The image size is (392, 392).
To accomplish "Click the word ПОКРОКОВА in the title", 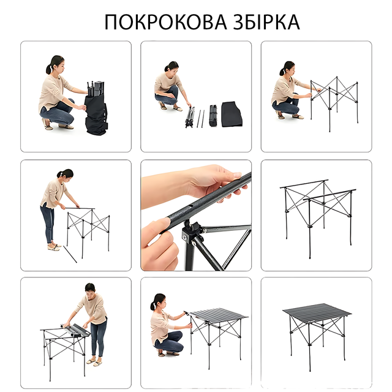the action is (165, 22).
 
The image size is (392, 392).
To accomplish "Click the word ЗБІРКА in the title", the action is (266, 22).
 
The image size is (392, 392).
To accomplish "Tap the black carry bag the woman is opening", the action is (96, 115).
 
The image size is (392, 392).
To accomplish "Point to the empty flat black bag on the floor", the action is (232, 114).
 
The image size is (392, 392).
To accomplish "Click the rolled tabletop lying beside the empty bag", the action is (213, 115).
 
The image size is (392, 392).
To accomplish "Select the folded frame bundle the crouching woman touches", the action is (190, 117).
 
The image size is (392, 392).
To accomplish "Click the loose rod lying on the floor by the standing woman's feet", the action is (70, 254).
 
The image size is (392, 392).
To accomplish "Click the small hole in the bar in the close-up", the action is (190, 206).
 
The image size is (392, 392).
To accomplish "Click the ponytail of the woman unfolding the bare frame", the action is (282, 72).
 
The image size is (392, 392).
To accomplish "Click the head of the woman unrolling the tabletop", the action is (90, 290).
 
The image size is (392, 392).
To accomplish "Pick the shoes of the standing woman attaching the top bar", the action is (54, 247).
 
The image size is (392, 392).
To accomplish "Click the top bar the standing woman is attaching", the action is (80, 208).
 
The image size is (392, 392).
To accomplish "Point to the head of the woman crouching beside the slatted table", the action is (159, 302).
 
